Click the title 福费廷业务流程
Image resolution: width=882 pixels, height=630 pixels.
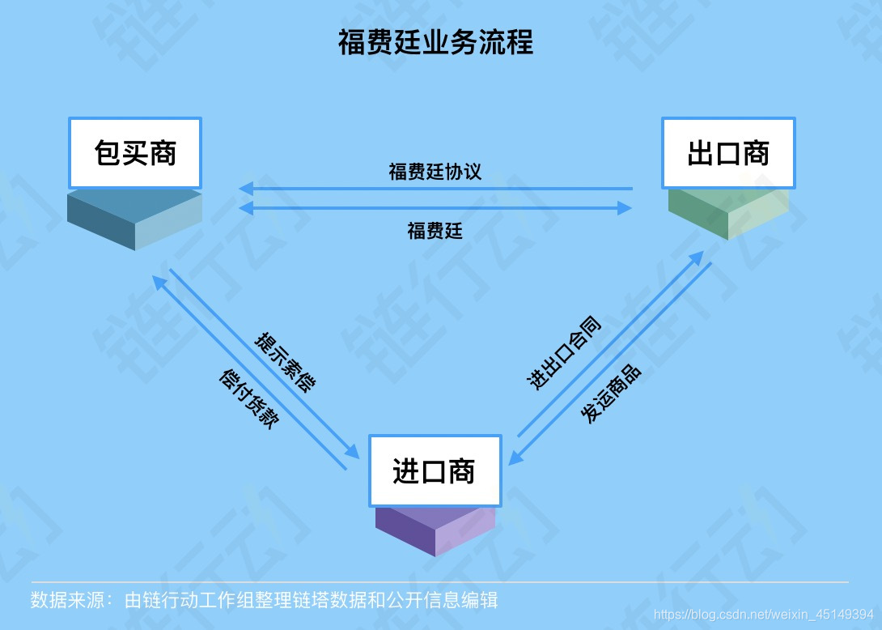point(435,43)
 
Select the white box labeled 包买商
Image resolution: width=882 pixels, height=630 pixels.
point(134,153)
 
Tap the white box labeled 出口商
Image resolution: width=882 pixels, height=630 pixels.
point(727,153)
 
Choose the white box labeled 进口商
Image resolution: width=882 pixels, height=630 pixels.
point(435,470)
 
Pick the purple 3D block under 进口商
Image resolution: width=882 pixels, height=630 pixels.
point(435,530)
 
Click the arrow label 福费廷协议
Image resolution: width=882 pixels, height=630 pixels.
point(435,172)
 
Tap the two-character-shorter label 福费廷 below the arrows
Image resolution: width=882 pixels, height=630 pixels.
point(435,232)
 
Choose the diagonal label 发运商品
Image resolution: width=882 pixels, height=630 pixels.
point(611,394)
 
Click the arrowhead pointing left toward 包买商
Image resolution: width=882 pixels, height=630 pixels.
point(245,189)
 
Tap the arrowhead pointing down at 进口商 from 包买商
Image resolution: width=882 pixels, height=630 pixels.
point(354,452)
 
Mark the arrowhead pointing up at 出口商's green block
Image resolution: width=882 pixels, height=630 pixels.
point(697,257)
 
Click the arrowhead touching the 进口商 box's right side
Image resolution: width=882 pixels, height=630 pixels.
point(515,459)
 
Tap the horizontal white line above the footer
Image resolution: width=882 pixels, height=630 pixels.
point(440,581)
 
